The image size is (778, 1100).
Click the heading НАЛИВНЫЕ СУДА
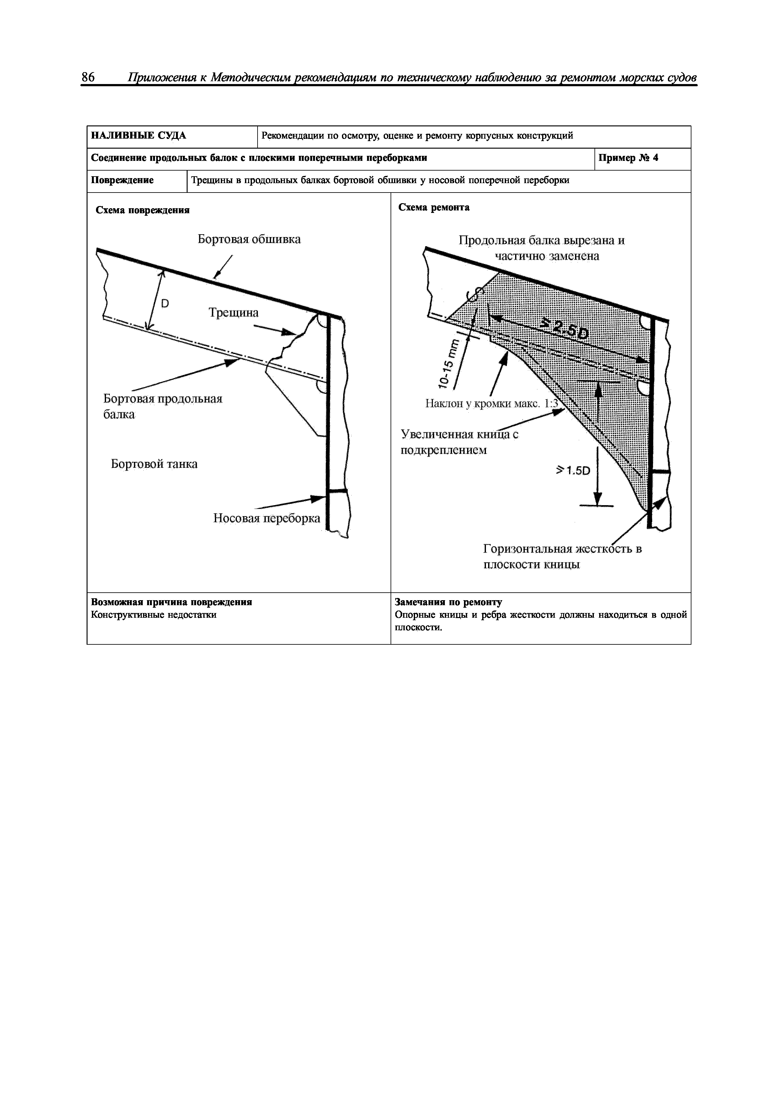[x=139, y=135]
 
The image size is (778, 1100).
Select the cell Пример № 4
[x=628, y=158]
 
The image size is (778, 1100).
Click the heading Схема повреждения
[x=142, y=210]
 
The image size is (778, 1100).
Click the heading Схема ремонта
[x=434, y=208]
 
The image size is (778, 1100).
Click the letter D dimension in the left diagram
[x=164, y=303]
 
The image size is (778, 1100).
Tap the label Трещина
[x=233, y=312]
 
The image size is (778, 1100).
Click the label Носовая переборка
[x=267, y=518]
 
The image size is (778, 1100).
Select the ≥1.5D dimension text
[x=573, y=471]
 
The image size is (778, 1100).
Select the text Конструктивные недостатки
[x=153, y=615]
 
